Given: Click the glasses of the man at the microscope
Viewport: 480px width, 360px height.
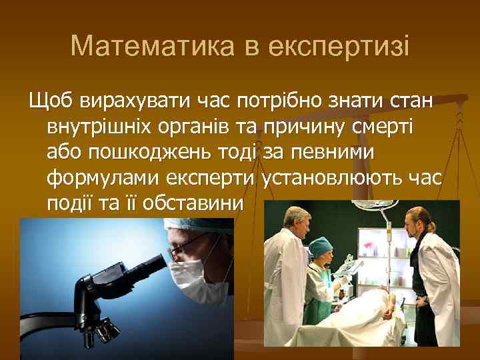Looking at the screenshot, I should point(180,250).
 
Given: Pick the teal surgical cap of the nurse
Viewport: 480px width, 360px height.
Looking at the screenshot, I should point(321,243).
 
